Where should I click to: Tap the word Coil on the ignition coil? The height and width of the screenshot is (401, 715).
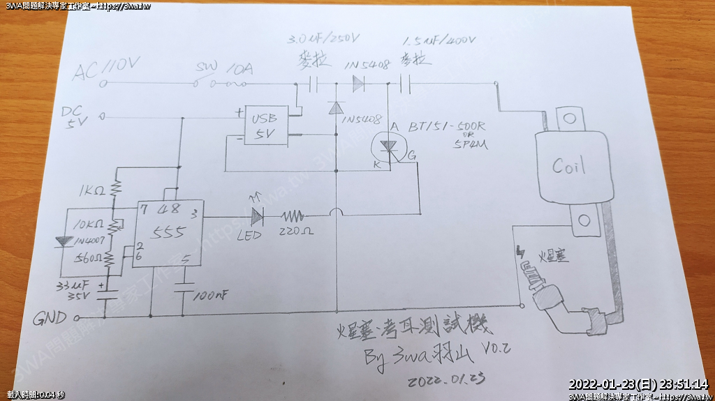click(x=568, y=167)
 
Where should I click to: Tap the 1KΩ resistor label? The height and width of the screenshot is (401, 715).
click(x=92, y=190)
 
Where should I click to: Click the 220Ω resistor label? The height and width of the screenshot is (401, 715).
click(x=295, y=232)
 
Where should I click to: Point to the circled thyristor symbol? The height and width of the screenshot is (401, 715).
click(x=386, y=146)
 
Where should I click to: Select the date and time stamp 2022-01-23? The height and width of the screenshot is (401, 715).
click(x=638, y=384)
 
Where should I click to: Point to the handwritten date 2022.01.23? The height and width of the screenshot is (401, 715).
click(x=446, y=381)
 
